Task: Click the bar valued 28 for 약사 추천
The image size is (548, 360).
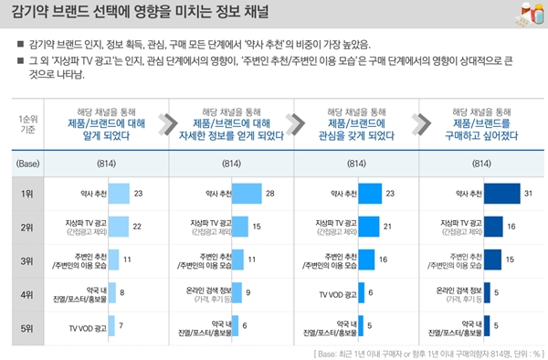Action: (x=247, y=194)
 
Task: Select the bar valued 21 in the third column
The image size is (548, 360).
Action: (x=370, y=226)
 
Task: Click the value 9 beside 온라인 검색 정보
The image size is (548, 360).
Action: (x=248, y=292)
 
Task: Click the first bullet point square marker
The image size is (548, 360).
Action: (x=19, y=44)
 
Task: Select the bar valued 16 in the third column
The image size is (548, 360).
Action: (x=367, y=259)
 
